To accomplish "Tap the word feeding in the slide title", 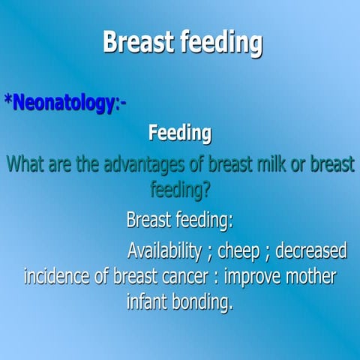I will pyautogui.click(x=221, y=43).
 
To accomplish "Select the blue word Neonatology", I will pyautogui.click(x=62, y=103).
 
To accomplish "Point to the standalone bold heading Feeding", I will pyautogui.click(x=180, y=134).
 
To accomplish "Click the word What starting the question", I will pyautogui.click(x=27, y=164).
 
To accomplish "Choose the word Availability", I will pyautogui.click(x=164, y=249).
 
